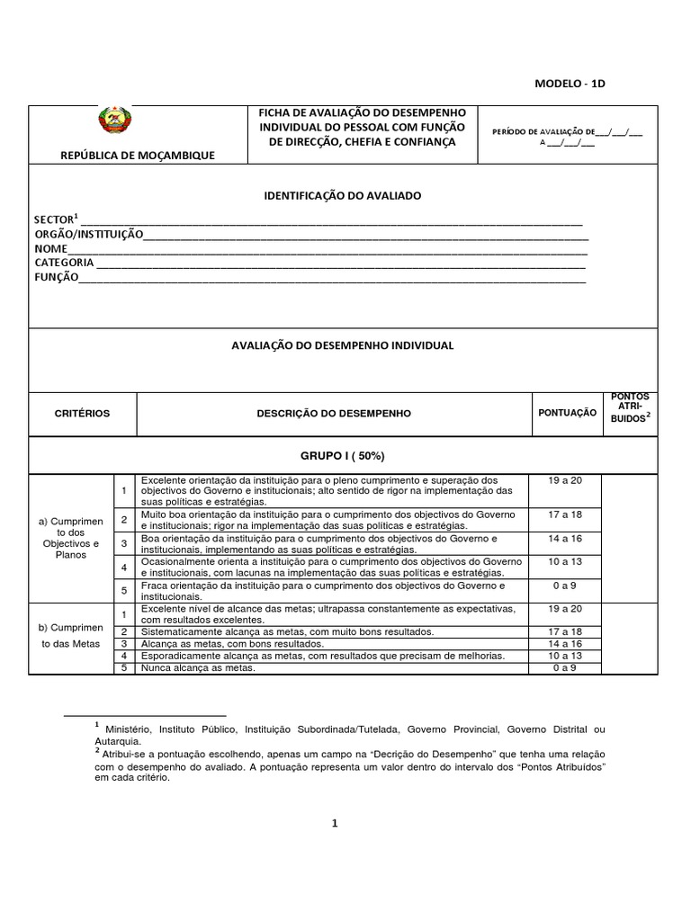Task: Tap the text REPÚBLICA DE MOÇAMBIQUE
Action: tap(137, 156)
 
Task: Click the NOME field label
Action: tap(51, 248)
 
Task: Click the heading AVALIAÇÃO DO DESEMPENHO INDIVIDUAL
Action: tap(344, 345)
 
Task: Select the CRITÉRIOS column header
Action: tap(82, 413)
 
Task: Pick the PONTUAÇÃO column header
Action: tap(567, 413)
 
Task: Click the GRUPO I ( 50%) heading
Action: tap(344, 455)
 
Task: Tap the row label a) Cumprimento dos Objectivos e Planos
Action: tap(70, 538)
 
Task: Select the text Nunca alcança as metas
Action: tap(199, 668)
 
